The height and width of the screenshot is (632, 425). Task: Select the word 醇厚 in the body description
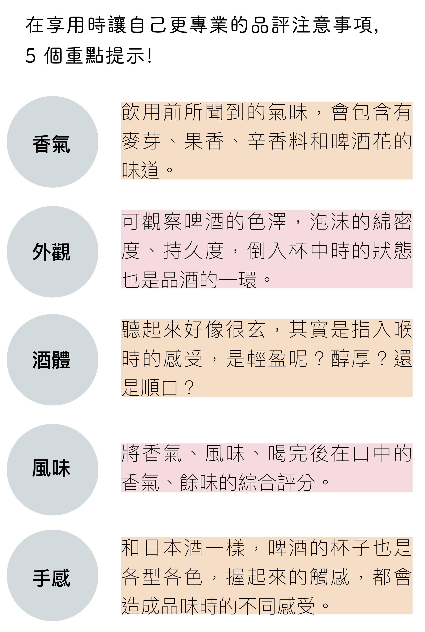[x=351, y=359]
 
